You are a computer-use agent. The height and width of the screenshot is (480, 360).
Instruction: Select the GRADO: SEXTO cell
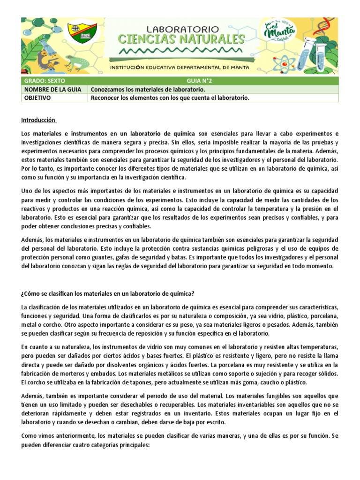coord(42,81)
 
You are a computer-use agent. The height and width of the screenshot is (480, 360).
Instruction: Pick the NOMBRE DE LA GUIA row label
coord(52,89)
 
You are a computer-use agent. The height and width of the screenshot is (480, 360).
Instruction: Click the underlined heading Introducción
coord(39,120)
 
